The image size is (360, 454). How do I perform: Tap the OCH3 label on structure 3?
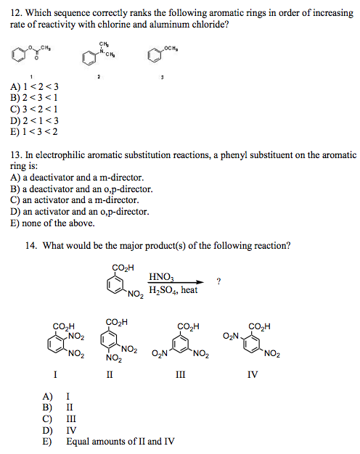point(170,48)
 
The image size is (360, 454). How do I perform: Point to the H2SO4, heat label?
point(173,291)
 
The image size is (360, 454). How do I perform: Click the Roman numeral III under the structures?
point(181,375)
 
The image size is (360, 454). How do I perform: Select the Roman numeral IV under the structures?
point(252,375)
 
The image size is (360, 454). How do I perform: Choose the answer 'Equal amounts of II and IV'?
point(120,442)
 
